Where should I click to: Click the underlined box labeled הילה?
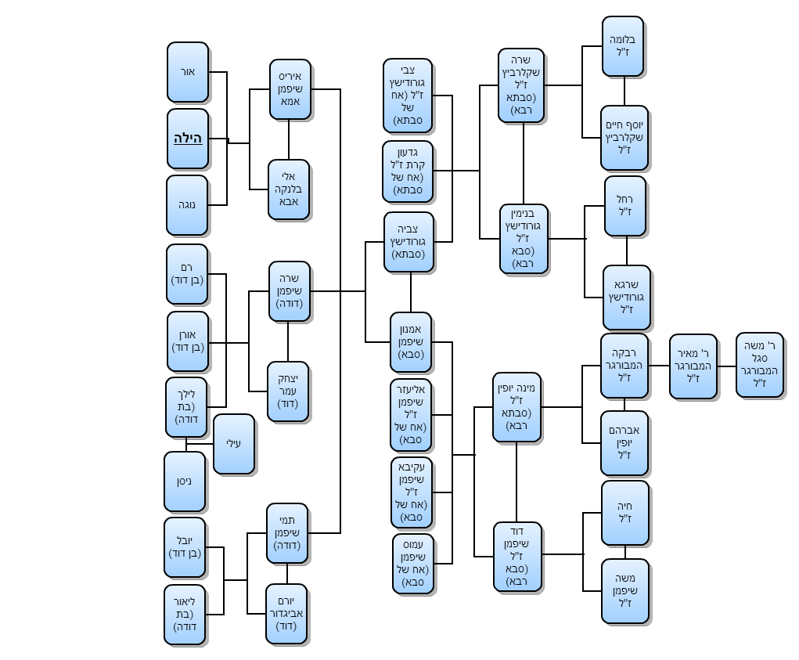tap(188, 139)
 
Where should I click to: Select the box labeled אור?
tap(188, 72)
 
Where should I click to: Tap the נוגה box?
tap(187, 205)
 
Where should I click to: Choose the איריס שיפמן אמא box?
tap(290, 89)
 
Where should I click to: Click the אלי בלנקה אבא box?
tap(289, 189)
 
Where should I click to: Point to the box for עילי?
tap(234, 444)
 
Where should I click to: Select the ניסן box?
tap(185, 481)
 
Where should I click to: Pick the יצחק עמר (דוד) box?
tap(288, 391)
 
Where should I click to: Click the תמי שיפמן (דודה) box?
tap(287, 533)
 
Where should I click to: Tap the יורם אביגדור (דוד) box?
tap(286, 615)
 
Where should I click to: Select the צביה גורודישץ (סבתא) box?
tap(408, 242)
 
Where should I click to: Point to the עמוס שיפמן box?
tap(413, 564)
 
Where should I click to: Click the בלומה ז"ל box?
tap(623, 46)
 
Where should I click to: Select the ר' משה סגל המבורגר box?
tap(759, 365)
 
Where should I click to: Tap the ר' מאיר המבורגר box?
tap(693, 366)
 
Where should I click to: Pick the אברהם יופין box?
tap(624, 443)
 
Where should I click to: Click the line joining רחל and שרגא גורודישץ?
tap(627, 251)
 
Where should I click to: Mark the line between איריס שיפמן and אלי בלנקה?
tap(290, 139)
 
